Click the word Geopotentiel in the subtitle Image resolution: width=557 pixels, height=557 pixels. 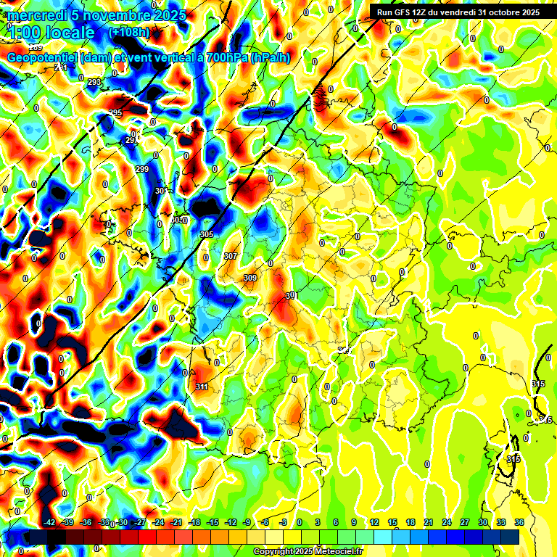point(41,57)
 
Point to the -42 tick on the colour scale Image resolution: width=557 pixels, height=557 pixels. point(49,523)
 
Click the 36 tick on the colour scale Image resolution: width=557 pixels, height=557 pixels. point(519,523)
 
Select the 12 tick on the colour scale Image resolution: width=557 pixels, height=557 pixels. point(374,523)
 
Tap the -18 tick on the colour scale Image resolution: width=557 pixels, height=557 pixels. point(194,523)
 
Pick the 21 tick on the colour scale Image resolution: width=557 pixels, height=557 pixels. point(429,523)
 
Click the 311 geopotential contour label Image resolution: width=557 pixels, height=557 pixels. point(202,387)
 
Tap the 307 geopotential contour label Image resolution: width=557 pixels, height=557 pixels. point(231,256)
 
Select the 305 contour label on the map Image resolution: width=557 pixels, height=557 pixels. point(207,234)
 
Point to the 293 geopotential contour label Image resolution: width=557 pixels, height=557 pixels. point(94,82)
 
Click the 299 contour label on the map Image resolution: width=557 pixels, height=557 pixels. point(142,169)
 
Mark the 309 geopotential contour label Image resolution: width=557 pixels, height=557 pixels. point(250,278)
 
